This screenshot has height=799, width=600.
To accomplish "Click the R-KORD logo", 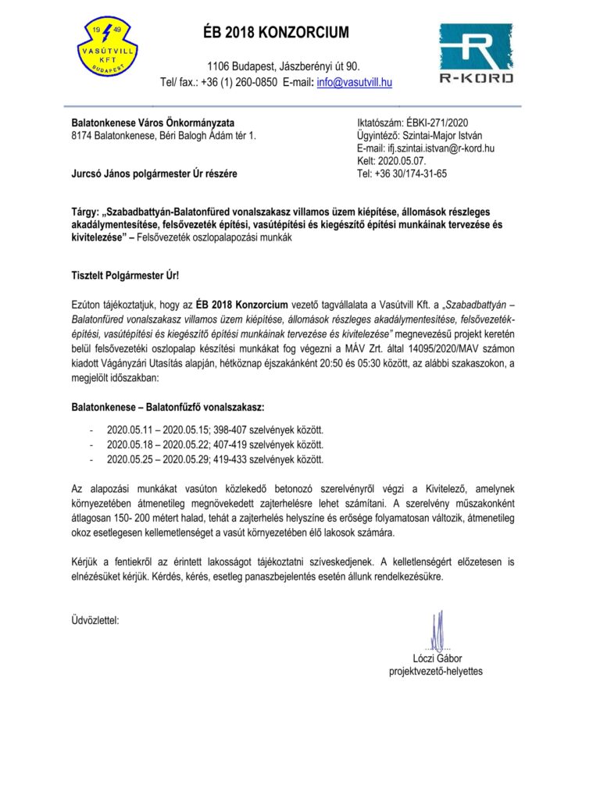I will [476, 52].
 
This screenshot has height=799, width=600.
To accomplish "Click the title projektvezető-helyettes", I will [436, 672].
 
